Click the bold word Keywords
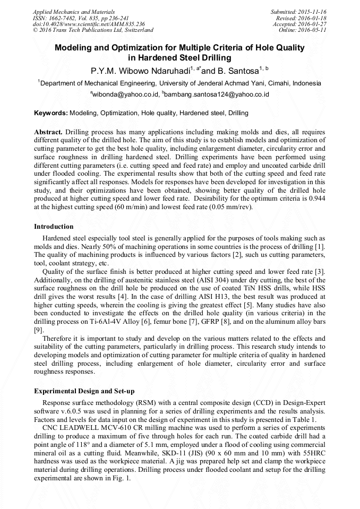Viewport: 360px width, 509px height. (x=50, y=113)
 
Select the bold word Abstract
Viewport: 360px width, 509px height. (x=49, y=131)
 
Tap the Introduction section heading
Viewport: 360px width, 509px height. (x=54, y=227)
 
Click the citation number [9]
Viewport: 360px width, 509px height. (x=39, y=330)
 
